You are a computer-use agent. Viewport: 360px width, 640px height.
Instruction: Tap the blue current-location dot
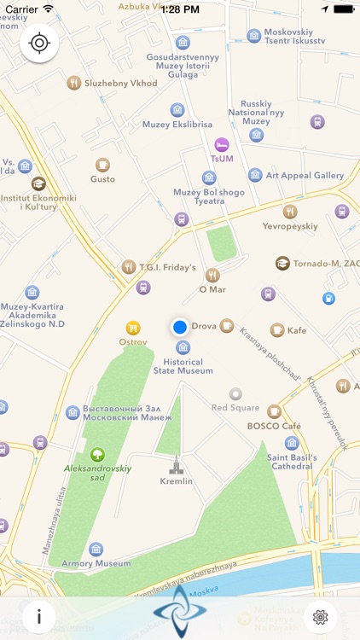179,327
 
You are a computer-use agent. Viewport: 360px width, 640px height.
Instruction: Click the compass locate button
39,44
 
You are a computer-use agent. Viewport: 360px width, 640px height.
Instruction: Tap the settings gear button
321,616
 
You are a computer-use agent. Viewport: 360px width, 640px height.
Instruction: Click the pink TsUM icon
222,144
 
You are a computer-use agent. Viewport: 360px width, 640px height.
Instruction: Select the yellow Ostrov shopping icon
133,327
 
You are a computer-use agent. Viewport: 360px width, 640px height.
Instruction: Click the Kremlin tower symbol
177,466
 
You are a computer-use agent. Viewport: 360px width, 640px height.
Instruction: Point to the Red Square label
235,408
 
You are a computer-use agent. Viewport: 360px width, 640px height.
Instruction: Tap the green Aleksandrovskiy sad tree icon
97,455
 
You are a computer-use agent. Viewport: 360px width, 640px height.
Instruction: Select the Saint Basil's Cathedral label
292,462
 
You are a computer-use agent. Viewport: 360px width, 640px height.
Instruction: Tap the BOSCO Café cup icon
274,412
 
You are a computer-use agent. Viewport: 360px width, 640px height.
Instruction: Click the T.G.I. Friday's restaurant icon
129,267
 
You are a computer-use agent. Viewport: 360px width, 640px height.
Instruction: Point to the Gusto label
102,179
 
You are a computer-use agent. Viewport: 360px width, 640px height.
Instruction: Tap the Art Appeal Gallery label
305,175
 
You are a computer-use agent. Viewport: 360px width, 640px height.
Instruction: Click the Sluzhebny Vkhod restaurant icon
73,83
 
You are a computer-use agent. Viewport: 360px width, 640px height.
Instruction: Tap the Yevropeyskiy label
290,226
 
